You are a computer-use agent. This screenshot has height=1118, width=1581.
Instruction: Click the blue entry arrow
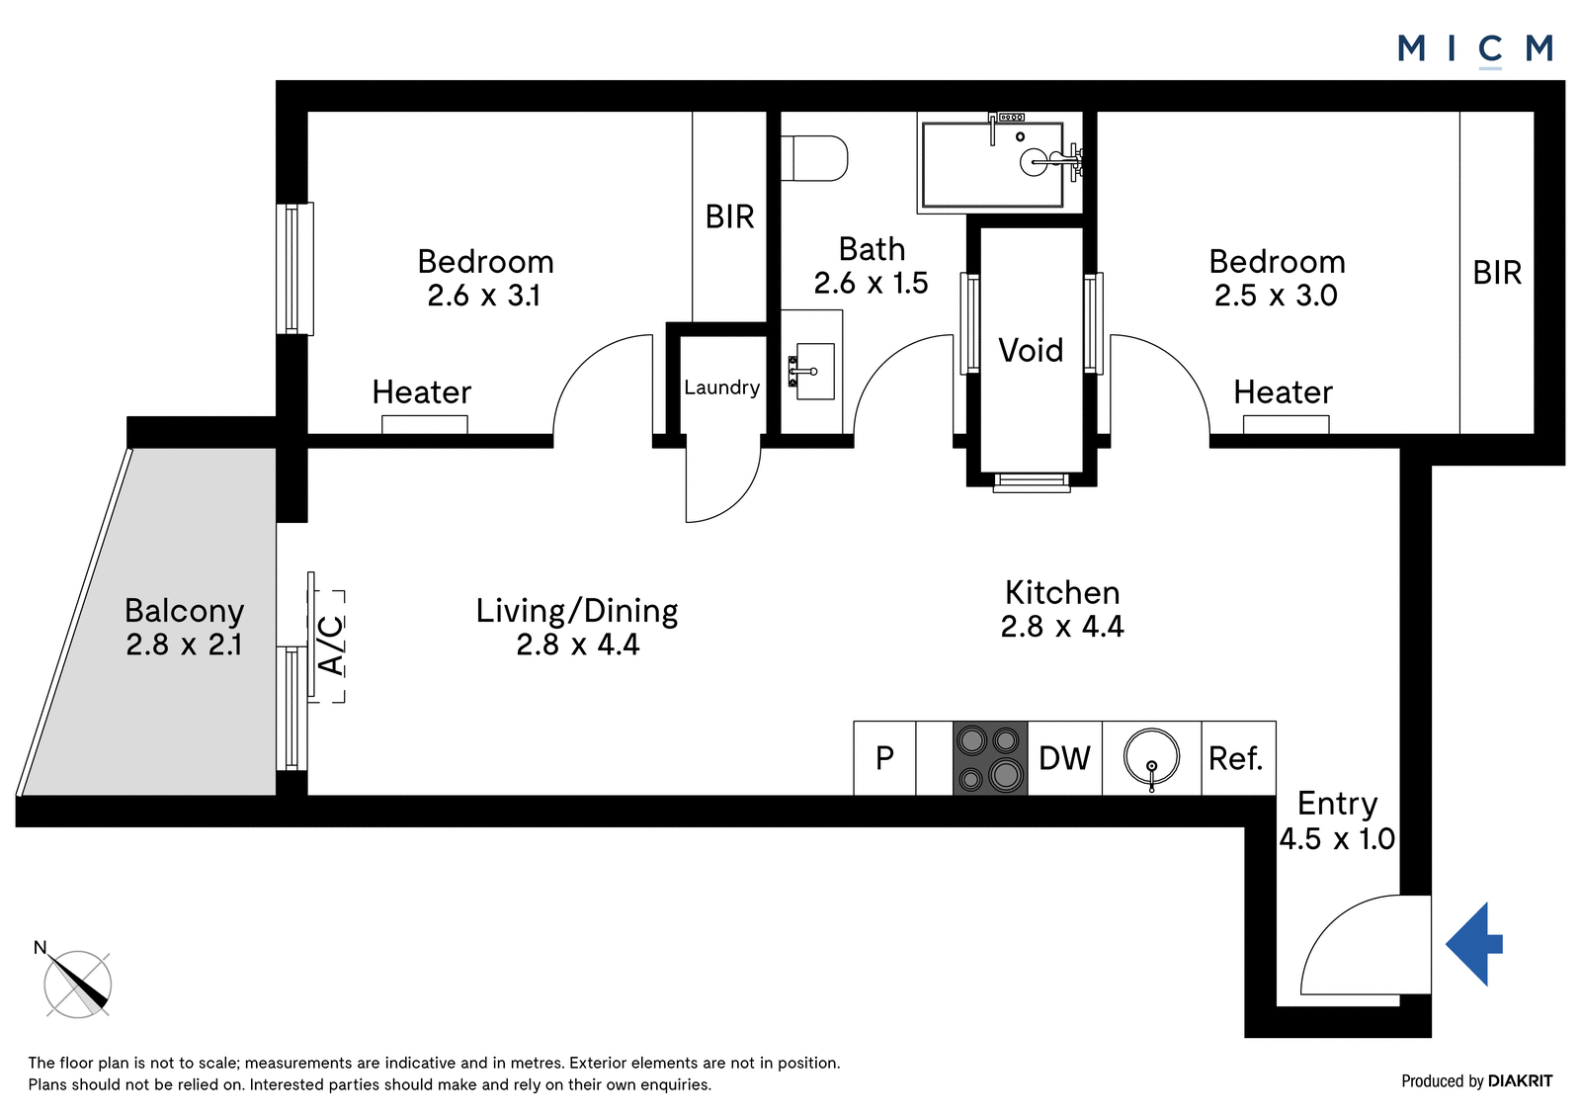coord(1474,944)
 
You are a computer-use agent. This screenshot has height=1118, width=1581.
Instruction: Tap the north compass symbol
coord(77,984)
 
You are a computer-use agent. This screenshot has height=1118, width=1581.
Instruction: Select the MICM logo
coord(1475,49)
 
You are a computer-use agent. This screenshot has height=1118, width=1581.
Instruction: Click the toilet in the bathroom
coord(814,158)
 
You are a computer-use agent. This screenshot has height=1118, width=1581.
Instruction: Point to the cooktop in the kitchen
coord(990,758)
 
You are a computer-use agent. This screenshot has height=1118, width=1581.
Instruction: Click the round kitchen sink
coord(1152,758)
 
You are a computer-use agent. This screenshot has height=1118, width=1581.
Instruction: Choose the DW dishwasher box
coord(1065,758)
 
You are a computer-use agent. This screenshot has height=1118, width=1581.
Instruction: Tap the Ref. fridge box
coord(1239,758)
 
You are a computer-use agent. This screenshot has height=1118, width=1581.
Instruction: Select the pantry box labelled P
coord(884,758)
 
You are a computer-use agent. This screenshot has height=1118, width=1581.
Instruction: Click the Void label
coord(1031,350)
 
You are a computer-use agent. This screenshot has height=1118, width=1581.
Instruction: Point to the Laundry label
coord(722,387)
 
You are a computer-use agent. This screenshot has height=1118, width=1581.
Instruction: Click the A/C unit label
coord(330,645)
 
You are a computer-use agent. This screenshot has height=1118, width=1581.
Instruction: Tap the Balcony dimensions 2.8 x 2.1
coord(184,645)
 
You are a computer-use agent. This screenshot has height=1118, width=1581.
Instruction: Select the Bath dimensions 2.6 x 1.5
coord(871,284)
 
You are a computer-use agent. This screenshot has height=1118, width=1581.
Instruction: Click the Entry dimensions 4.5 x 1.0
coord(1337,839)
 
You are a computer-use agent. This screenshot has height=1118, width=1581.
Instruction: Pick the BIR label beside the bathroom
coord(730,216)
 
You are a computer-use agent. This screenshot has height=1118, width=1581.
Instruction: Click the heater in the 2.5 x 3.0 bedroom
coord(1286,424)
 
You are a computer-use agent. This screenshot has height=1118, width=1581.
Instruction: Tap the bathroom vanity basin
coord(811,372)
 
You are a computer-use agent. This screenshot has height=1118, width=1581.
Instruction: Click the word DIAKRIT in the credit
coord(1521,1081)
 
